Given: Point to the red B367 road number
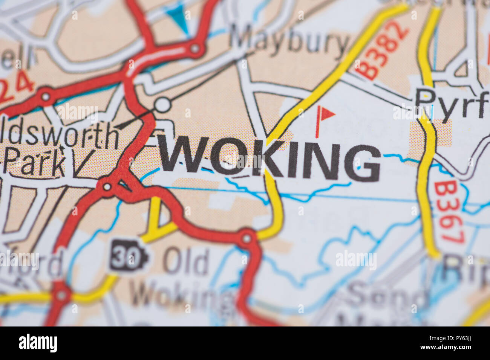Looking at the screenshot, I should (449, 213).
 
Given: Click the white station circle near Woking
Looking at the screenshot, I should (163, 105).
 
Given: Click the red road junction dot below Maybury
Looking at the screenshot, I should (195, 49).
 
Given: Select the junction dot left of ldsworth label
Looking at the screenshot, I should (46, 96).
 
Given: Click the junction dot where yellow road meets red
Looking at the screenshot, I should (247, 238).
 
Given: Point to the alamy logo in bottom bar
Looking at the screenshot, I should (38, 343).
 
